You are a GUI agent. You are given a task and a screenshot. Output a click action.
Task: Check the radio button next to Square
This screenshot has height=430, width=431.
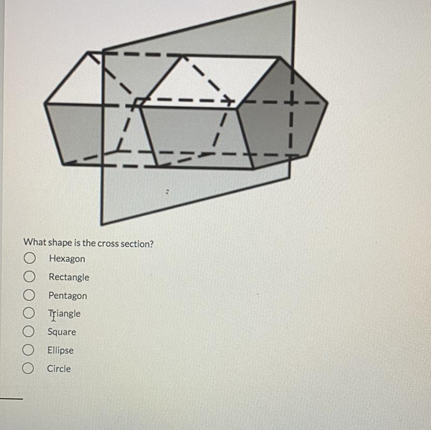coord(29,332)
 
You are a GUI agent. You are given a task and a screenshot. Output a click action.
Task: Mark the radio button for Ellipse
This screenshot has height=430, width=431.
coord(29,351)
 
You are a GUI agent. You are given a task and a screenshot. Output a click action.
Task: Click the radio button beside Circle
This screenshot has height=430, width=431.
coord(28,369)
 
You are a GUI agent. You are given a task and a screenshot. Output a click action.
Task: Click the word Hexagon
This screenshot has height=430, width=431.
coord(67,259)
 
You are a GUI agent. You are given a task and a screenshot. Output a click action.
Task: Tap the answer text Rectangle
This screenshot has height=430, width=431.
coord(69,277)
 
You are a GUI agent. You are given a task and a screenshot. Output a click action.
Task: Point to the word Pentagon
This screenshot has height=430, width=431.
coord(68,296)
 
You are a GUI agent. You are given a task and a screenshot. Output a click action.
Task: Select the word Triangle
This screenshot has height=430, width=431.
coord(64,314)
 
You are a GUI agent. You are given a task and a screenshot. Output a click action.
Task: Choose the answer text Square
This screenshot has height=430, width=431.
coord(62,332)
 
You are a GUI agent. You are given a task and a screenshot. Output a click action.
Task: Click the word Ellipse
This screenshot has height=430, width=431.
coord(60,351)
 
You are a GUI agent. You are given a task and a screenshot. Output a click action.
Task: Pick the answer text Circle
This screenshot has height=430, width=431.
coord(59,369)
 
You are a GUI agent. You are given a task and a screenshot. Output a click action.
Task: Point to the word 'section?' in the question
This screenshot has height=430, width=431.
coord(137,244)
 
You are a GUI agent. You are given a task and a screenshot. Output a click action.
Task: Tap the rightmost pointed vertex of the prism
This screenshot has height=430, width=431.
coord(328,103)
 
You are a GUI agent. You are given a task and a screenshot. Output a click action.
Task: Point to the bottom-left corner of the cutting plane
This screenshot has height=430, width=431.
coord(102,224)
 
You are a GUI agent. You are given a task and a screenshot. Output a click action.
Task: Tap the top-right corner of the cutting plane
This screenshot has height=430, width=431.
coord(294,2)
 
